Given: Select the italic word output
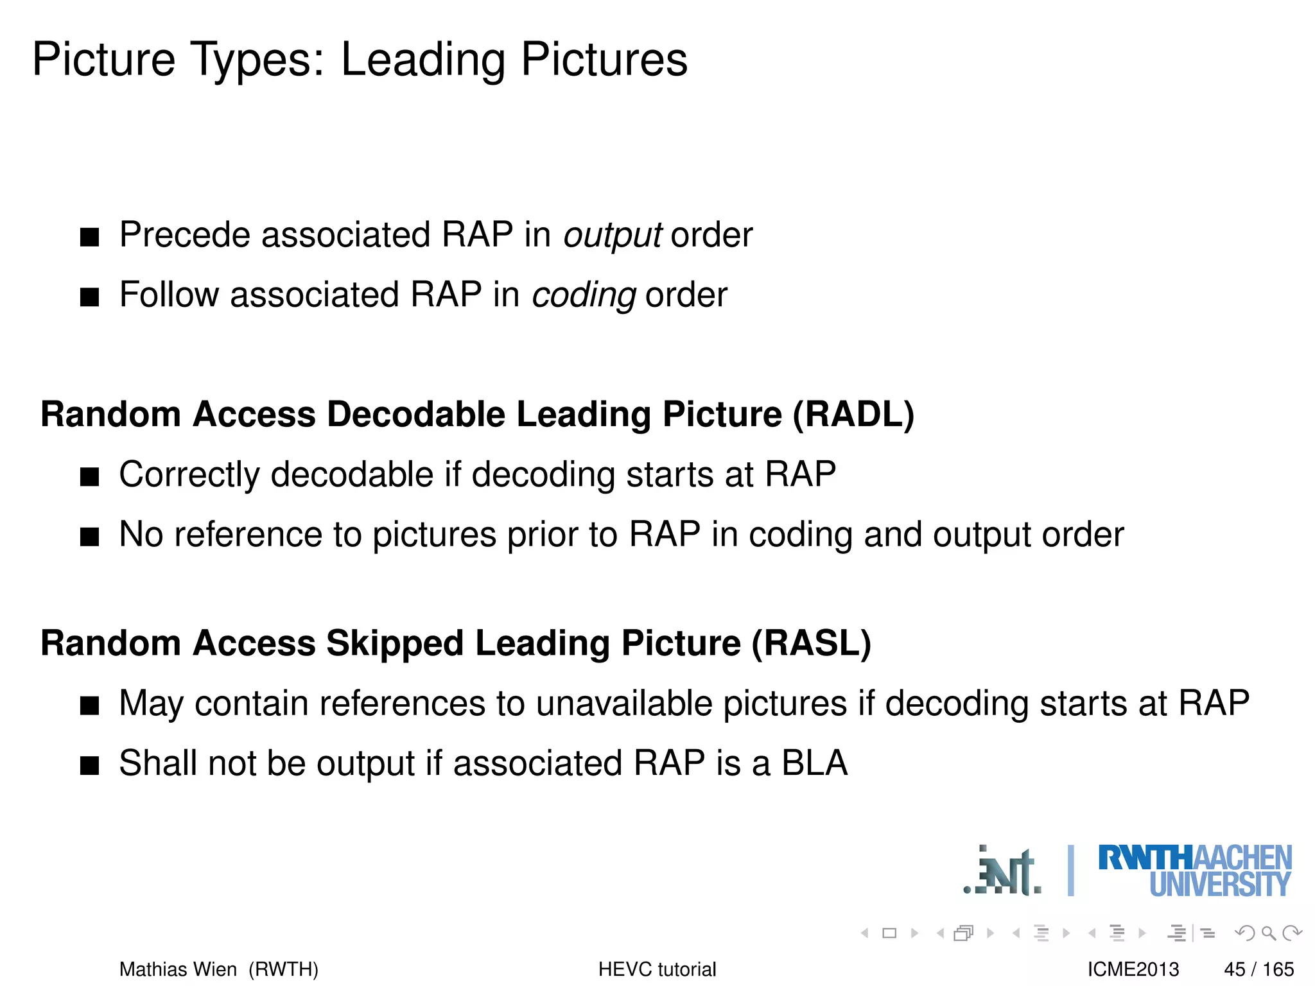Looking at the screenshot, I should click(x=612, y=235).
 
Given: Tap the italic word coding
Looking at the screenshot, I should click(x=584, y=295).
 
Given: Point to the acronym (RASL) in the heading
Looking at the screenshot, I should click(x=811, y=643).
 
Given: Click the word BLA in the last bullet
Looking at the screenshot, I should click(x=814, y=763).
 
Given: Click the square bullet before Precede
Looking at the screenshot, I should click(x=90, y=237).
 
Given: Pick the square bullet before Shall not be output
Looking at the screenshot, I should click(x=90, y=766).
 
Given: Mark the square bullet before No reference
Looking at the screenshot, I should click(x=90, y=537).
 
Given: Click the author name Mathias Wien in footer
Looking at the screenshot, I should click(x=178, y=969).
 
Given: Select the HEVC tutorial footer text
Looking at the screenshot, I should click(x=657, y=969).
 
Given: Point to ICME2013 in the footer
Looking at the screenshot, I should click(x=1133, y=969).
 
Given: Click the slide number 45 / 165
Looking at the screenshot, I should click(x=1258, y=969).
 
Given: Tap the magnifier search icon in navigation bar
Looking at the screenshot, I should click(x=1268, y=933).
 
